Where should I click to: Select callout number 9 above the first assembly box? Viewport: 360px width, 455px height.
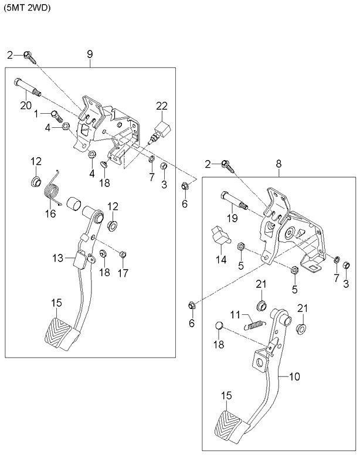[x=90, y=54]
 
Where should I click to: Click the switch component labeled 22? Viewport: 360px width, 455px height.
[x=161, y=130]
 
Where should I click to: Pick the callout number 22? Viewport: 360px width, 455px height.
[x=161, y=106]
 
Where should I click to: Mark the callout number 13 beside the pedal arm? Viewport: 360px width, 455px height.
[x=57, y=258]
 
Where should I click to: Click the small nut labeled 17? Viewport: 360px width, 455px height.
[x=123, y=254]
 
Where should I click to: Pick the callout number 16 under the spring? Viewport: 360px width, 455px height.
[x=51, y=213]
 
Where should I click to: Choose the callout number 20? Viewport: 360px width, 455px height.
[x=25, y=106]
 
